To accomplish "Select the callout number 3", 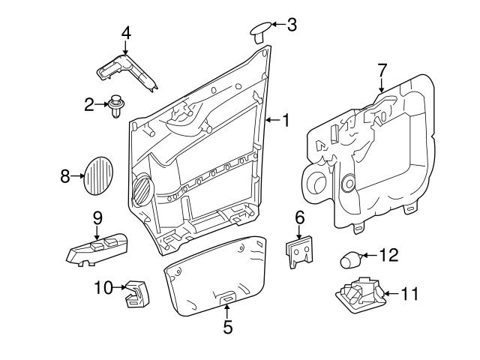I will pyautogui.click(x=292, y=24).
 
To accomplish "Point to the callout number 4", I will pyautogui.click(x=126, y=33).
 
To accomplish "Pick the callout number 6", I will pyautogui.click(x=300, y=217).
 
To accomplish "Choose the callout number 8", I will pyautogui.click(x=65, y=176).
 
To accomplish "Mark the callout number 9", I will pyautogui.click(x=97, y=217).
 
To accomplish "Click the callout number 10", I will pyautogui.click(x=103, y=286).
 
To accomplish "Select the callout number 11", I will pyautogui.click(x=407, y=293).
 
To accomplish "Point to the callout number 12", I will pyautogui.click(x=388, y=256).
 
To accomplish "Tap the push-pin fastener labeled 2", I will pyautogui.click(x=115, y=105).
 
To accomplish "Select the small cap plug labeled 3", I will pyautogui.click(x=259, y=30).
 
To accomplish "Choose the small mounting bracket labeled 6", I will pyautogui.click(x=301, y=251).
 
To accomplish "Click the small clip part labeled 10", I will pyautogui.click(x=136, y=292).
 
